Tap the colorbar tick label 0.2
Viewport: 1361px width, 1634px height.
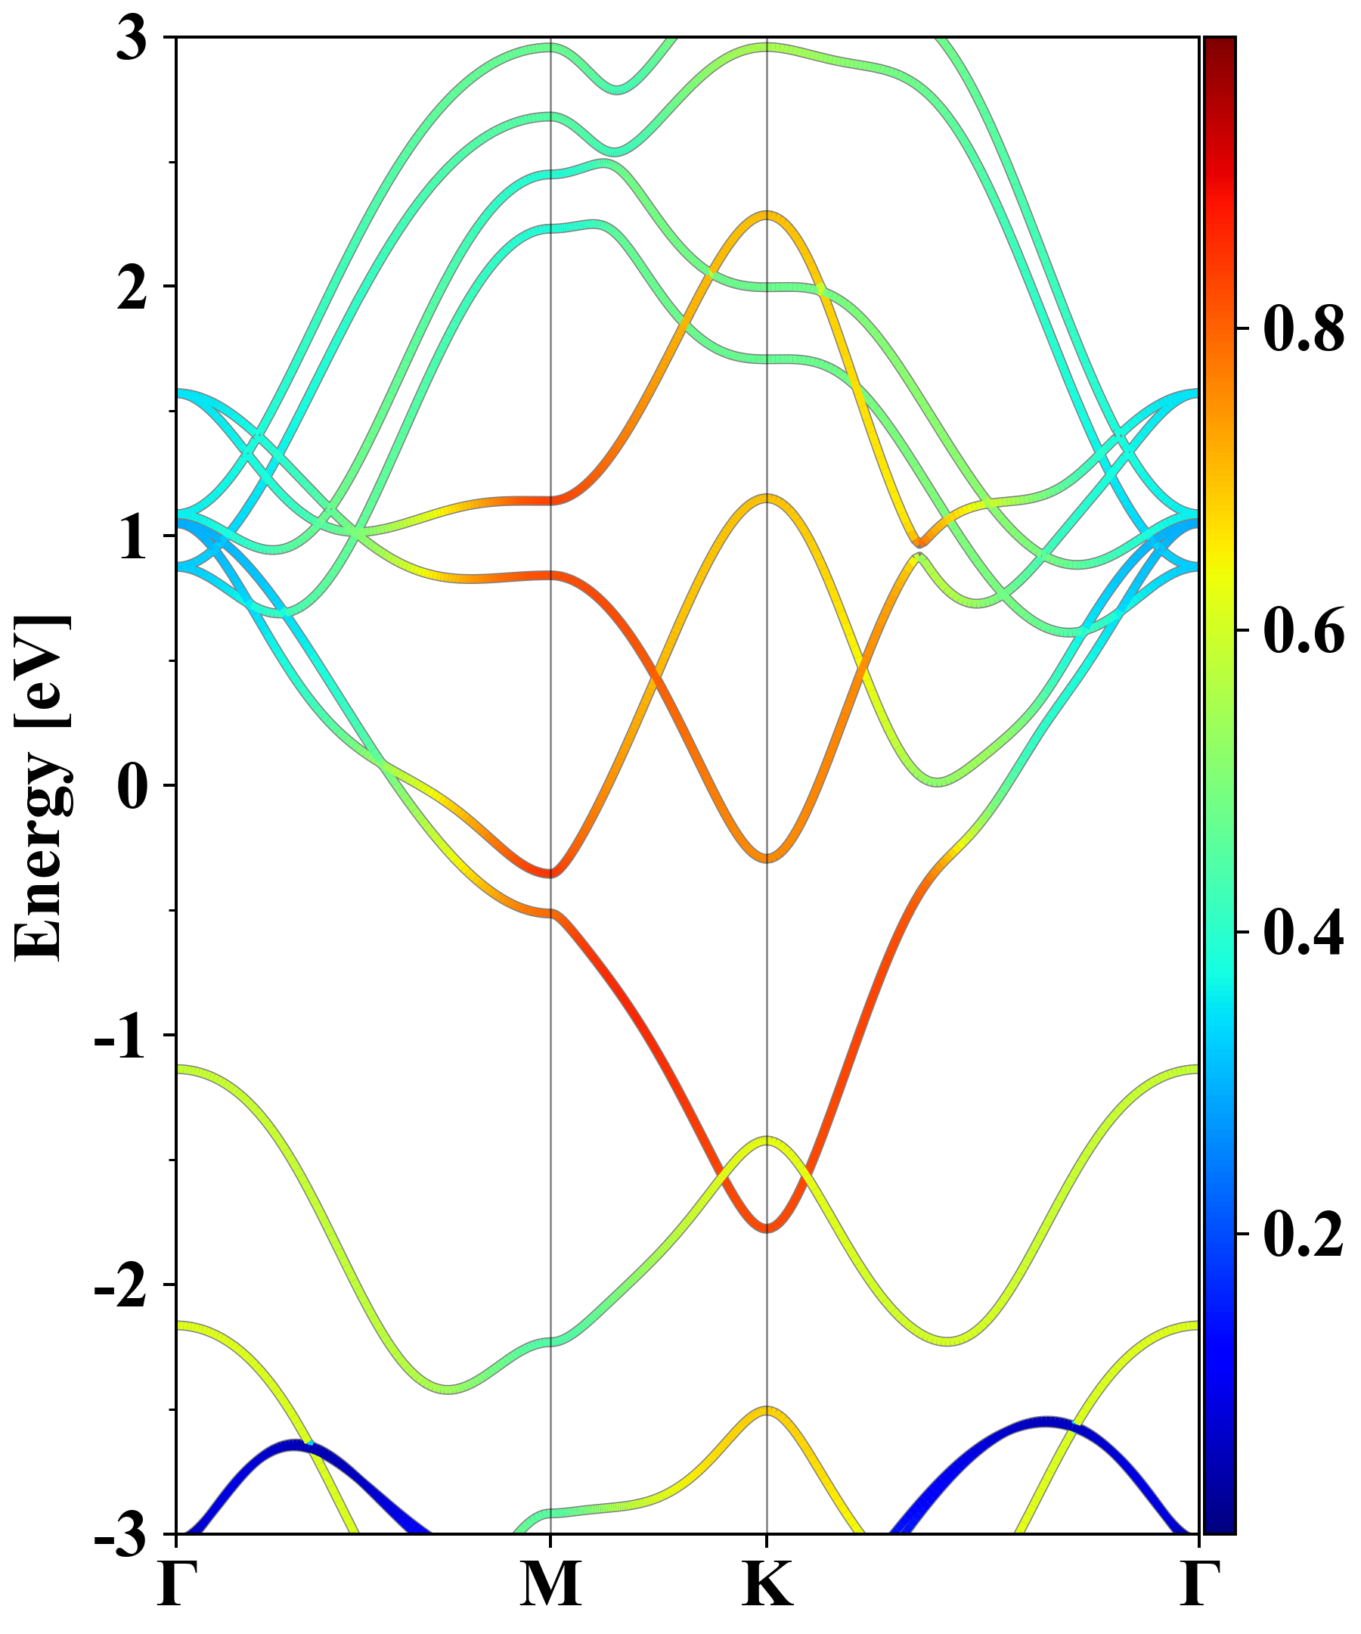click(x=1304, y=1235)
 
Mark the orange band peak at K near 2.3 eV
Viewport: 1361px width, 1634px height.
click(x=767, y=215)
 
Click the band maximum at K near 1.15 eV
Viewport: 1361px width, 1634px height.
click(x=767, y=498)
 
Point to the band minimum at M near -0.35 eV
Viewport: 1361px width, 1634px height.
click(x=550, y=873)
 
